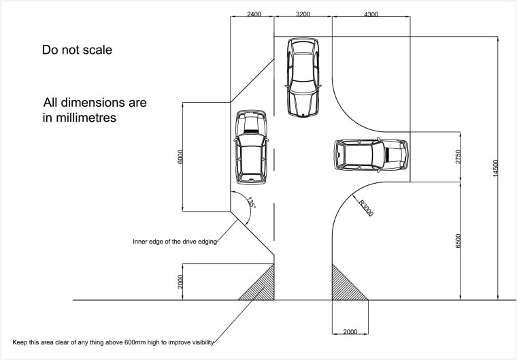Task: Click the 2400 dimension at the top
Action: coord(254,14)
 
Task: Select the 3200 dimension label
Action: coord(303,14)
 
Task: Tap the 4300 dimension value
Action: coord(371,14)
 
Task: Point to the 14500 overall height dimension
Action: coord(495,168)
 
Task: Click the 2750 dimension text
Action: coord(458,157)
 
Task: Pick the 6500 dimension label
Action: coord(458,241)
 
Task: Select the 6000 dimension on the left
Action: coord(180,157)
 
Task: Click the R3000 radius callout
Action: coord(366,208)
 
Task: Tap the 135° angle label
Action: coord(251,203)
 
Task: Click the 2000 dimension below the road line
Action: coord(350,331)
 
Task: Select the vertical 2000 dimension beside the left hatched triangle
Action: coord(180,282)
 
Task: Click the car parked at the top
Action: coord(303,77)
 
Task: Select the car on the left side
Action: coord(251,147)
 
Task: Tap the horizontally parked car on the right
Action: coord(371,155)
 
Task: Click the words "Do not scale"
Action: coord(77,50)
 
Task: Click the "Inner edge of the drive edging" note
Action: coord(175,242)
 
